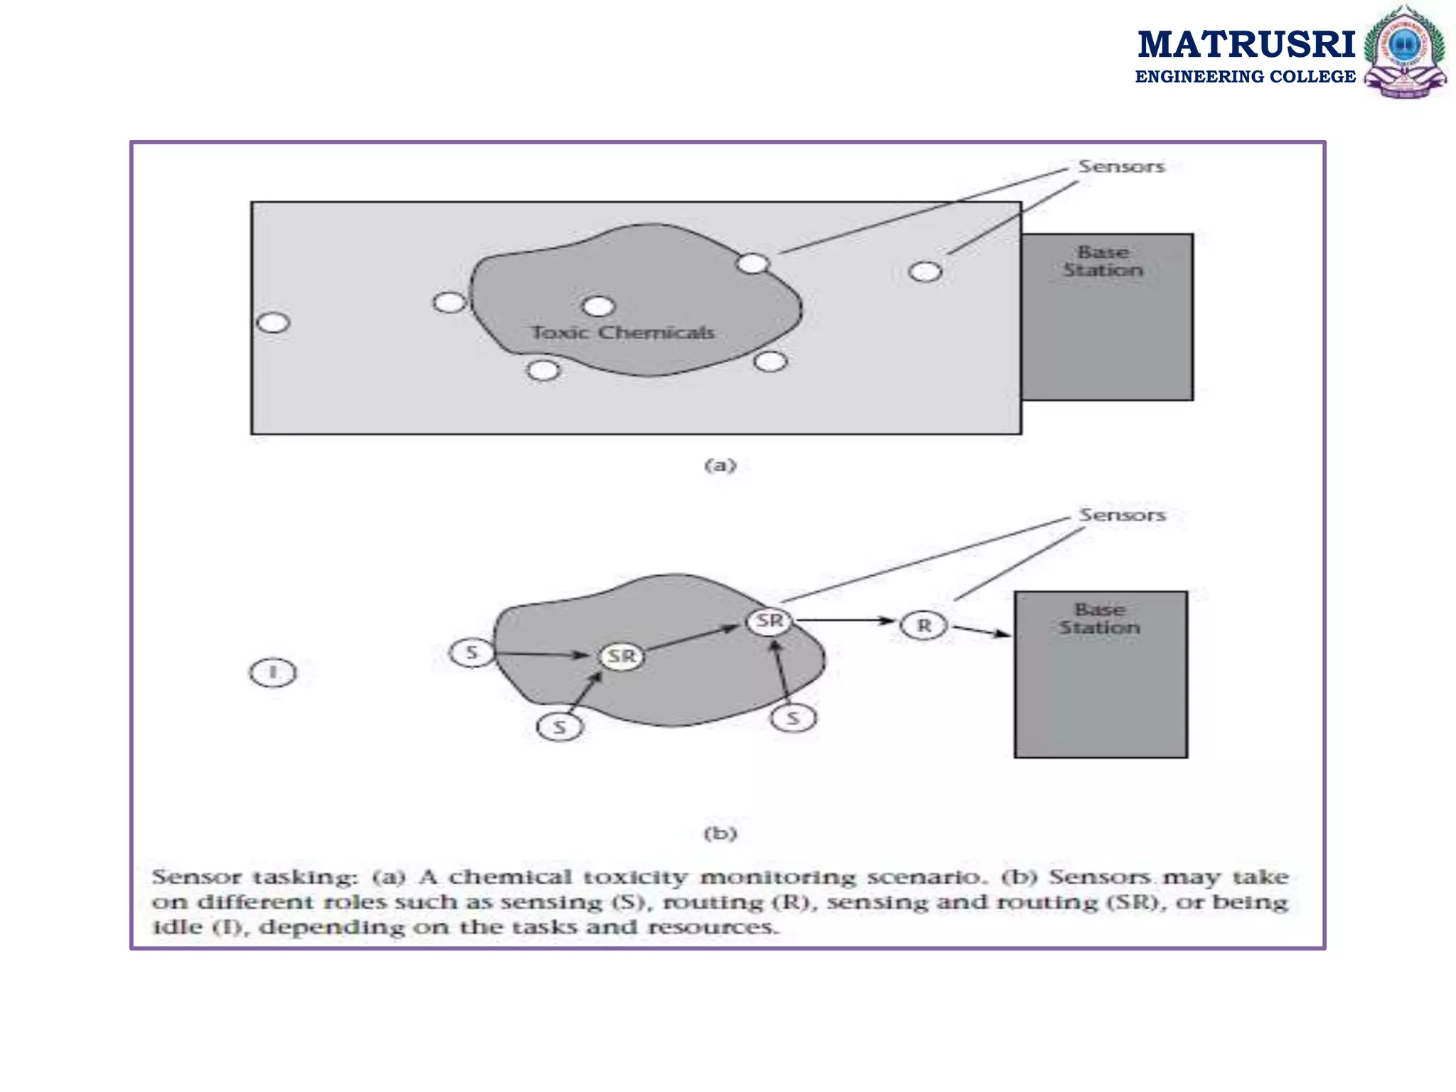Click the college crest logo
tap(1405, 51)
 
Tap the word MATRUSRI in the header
tap(1246, 45)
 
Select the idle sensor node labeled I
tap(273, 673)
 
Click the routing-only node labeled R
tap(924, 626)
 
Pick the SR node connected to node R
tap(769, 621)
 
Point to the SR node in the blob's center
tap(621, 655)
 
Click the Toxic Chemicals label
tap(623, 333)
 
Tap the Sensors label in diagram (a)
tap(1121, 166)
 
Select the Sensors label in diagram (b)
tap(1123, 515)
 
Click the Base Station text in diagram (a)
tap(1103, 261)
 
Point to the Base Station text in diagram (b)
tap(1099, 619)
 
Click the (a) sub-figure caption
tap(720, 466)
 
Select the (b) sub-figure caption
tap(720, 833)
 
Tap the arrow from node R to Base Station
tap(982, 631)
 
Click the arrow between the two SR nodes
tap(692, 638)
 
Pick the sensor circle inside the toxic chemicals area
tap(598, 306)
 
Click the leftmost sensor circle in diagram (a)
tap(273, 323)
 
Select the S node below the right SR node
tap(793, 719)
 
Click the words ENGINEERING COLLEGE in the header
tap(1246, 77)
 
